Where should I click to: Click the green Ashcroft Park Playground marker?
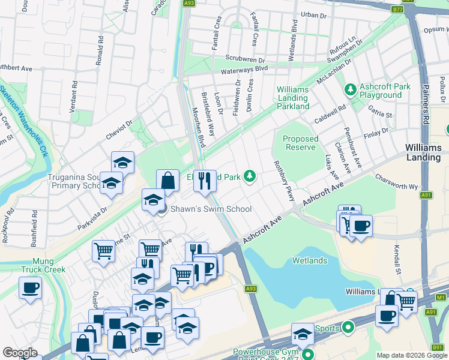click(350, 90)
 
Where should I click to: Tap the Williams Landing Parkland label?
click(292, 98)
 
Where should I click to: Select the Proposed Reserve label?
click(301, 143)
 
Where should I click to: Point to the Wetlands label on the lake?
click(310, 260)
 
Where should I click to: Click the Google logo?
click(20, 353)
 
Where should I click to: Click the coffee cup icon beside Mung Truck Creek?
click(30, 287)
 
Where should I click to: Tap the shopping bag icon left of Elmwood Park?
click(168, 180)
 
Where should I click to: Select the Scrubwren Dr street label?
click(245, 59)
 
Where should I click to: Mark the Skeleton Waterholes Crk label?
click(24, 120)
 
